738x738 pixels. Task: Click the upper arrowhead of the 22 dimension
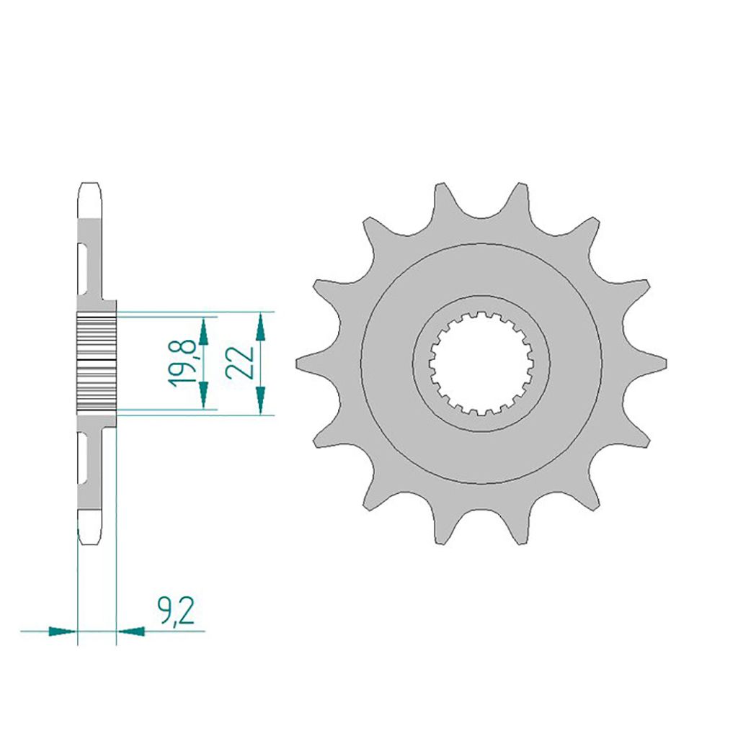pos(261,328)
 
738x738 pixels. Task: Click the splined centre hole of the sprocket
pos(481,364)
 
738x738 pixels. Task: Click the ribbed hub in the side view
pos(95,363)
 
